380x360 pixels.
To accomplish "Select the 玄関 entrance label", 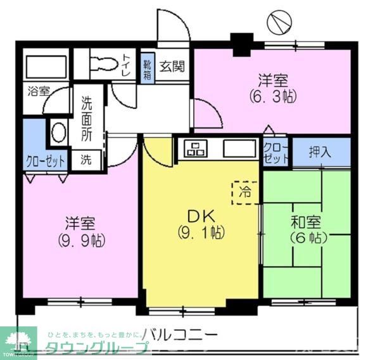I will pos(171,65).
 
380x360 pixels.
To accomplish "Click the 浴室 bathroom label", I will pos(37,91).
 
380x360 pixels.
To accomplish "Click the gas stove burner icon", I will pos(194,150).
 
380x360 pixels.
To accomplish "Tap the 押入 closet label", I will pos(319,152).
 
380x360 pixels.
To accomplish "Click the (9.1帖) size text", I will pos(199,233).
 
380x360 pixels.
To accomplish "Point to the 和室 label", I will pos(306,222).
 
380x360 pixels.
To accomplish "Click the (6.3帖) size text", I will pos(272,97).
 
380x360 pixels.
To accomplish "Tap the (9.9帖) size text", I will pos(81,241).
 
